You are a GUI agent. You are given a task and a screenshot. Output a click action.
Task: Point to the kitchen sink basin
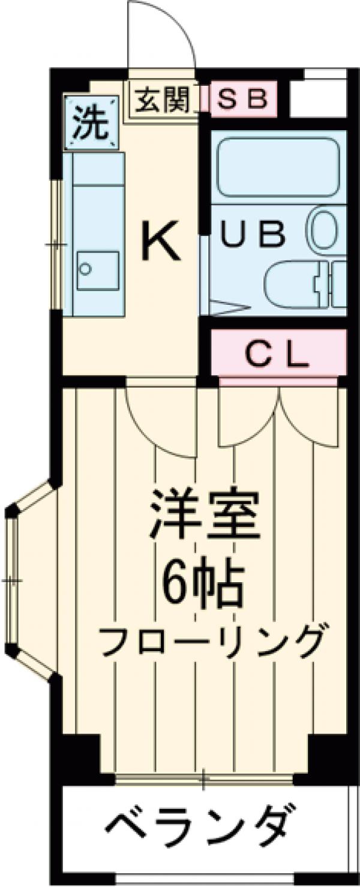pos(97,271)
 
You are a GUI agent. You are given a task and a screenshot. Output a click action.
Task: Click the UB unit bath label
pos(252,236)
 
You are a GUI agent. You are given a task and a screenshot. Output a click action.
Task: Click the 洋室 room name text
pos(204,515)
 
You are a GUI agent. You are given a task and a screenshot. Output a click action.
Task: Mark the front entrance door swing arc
pos(162,36)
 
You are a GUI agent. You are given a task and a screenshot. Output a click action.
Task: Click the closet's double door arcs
pos(279,417)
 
